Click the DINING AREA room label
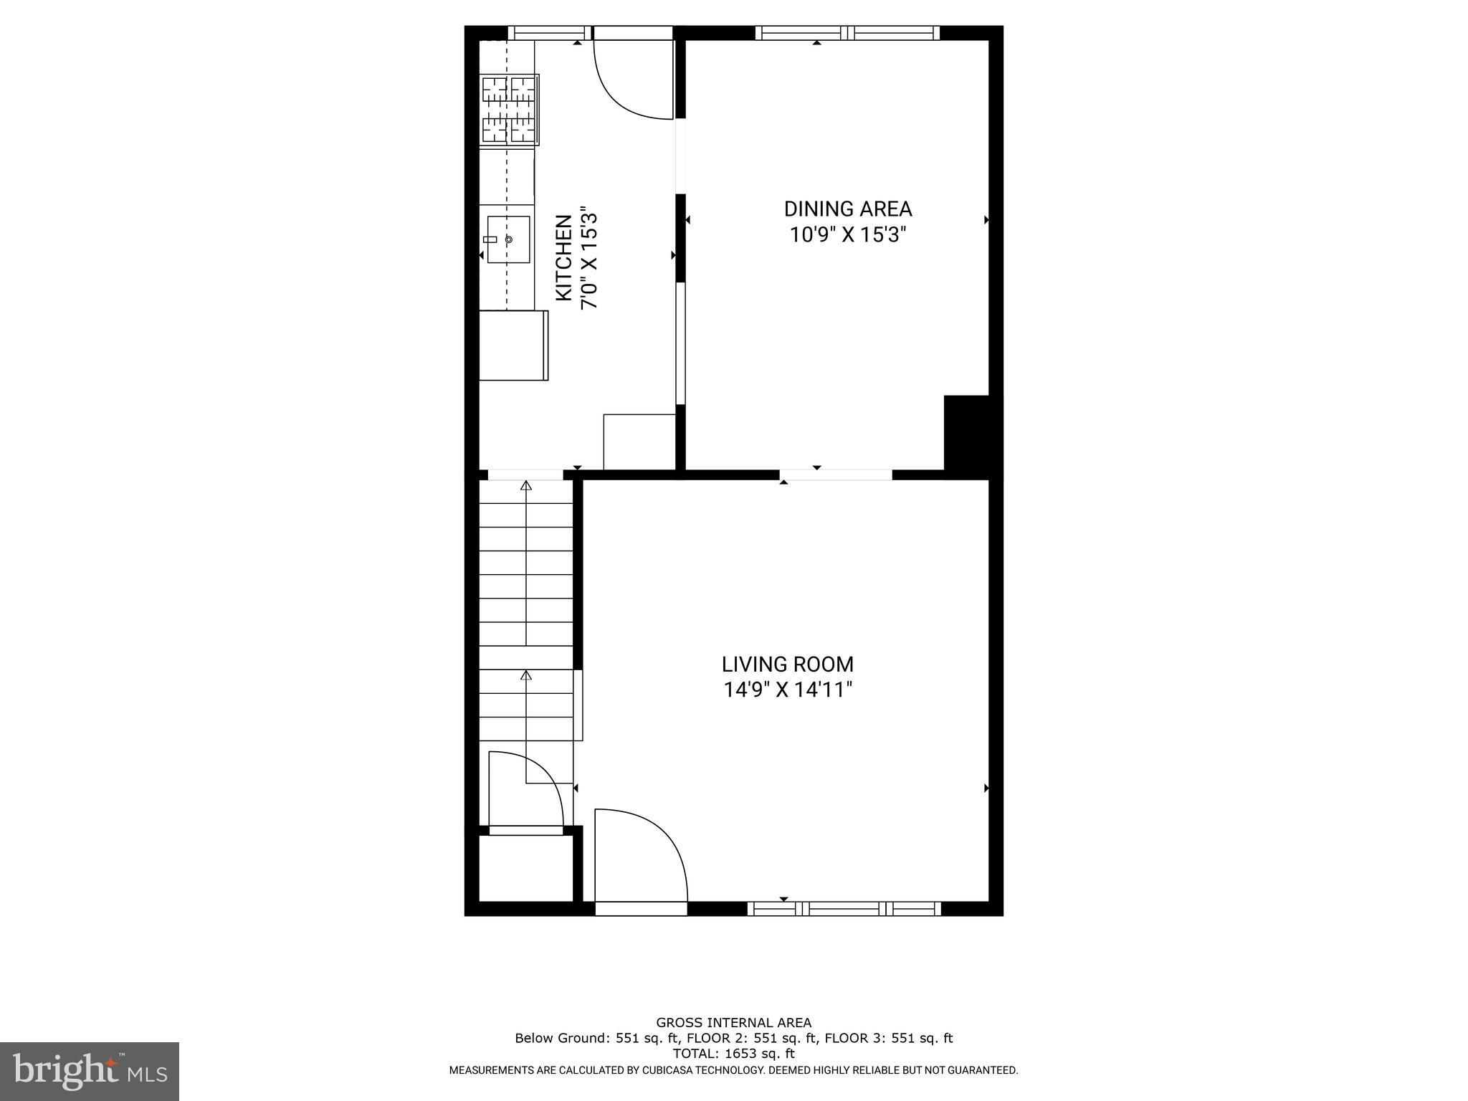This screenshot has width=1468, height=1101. [x=847, y=209]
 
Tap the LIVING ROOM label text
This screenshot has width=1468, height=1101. [x=787, y=664]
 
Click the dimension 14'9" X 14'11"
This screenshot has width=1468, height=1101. [x=787, y=690]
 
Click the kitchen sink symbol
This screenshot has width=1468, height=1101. [x=508, y=239]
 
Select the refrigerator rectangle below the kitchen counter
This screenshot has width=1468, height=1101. [x=513, y=345]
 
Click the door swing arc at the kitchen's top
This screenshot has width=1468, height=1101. [x=631, y=82]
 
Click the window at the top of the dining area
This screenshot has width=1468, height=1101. [x=847, y=32]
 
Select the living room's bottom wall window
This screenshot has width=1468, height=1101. [x=844, y=909]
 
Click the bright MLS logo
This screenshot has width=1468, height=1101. [x=89, y=1070]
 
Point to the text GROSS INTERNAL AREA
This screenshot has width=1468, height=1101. [x=733, y=1023]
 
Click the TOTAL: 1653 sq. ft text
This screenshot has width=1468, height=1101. [x=733, y=1054]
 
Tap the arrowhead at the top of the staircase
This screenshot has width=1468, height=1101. [x=526, y=486]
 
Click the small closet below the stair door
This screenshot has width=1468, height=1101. [x=525, y=867]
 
